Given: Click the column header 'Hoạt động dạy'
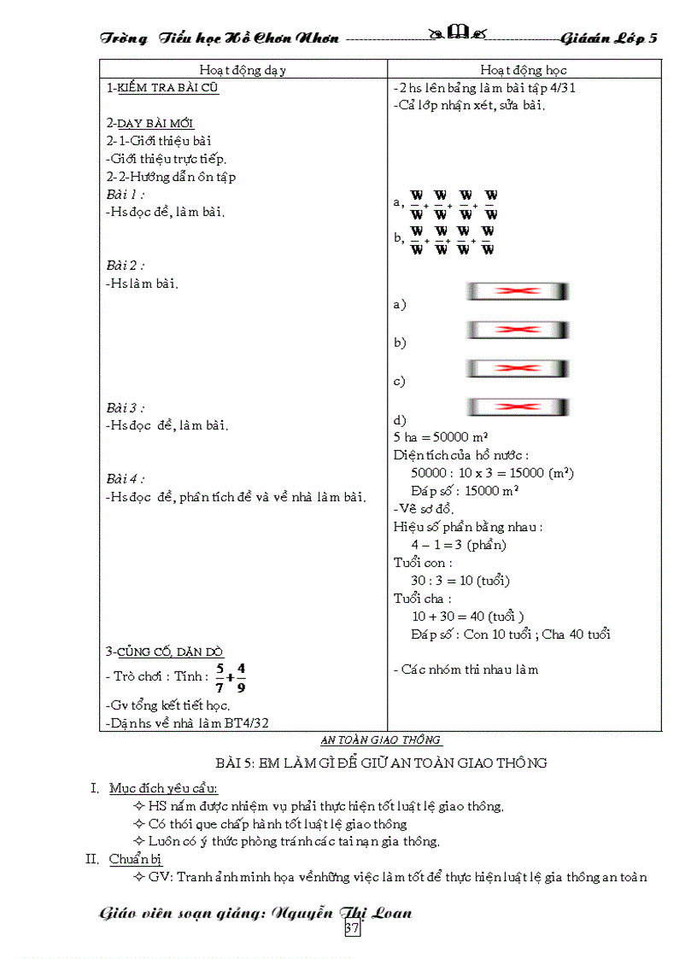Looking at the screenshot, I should click(243, 70).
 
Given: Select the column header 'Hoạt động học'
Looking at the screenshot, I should click(523, 70).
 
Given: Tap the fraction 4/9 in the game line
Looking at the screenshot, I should click(241, 676).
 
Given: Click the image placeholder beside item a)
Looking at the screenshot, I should click(518, 291).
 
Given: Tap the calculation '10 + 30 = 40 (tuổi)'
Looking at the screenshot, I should click(467, 617).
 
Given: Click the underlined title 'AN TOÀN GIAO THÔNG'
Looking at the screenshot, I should click(381, 740).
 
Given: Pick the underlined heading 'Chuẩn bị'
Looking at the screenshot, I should click(136, 859).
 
